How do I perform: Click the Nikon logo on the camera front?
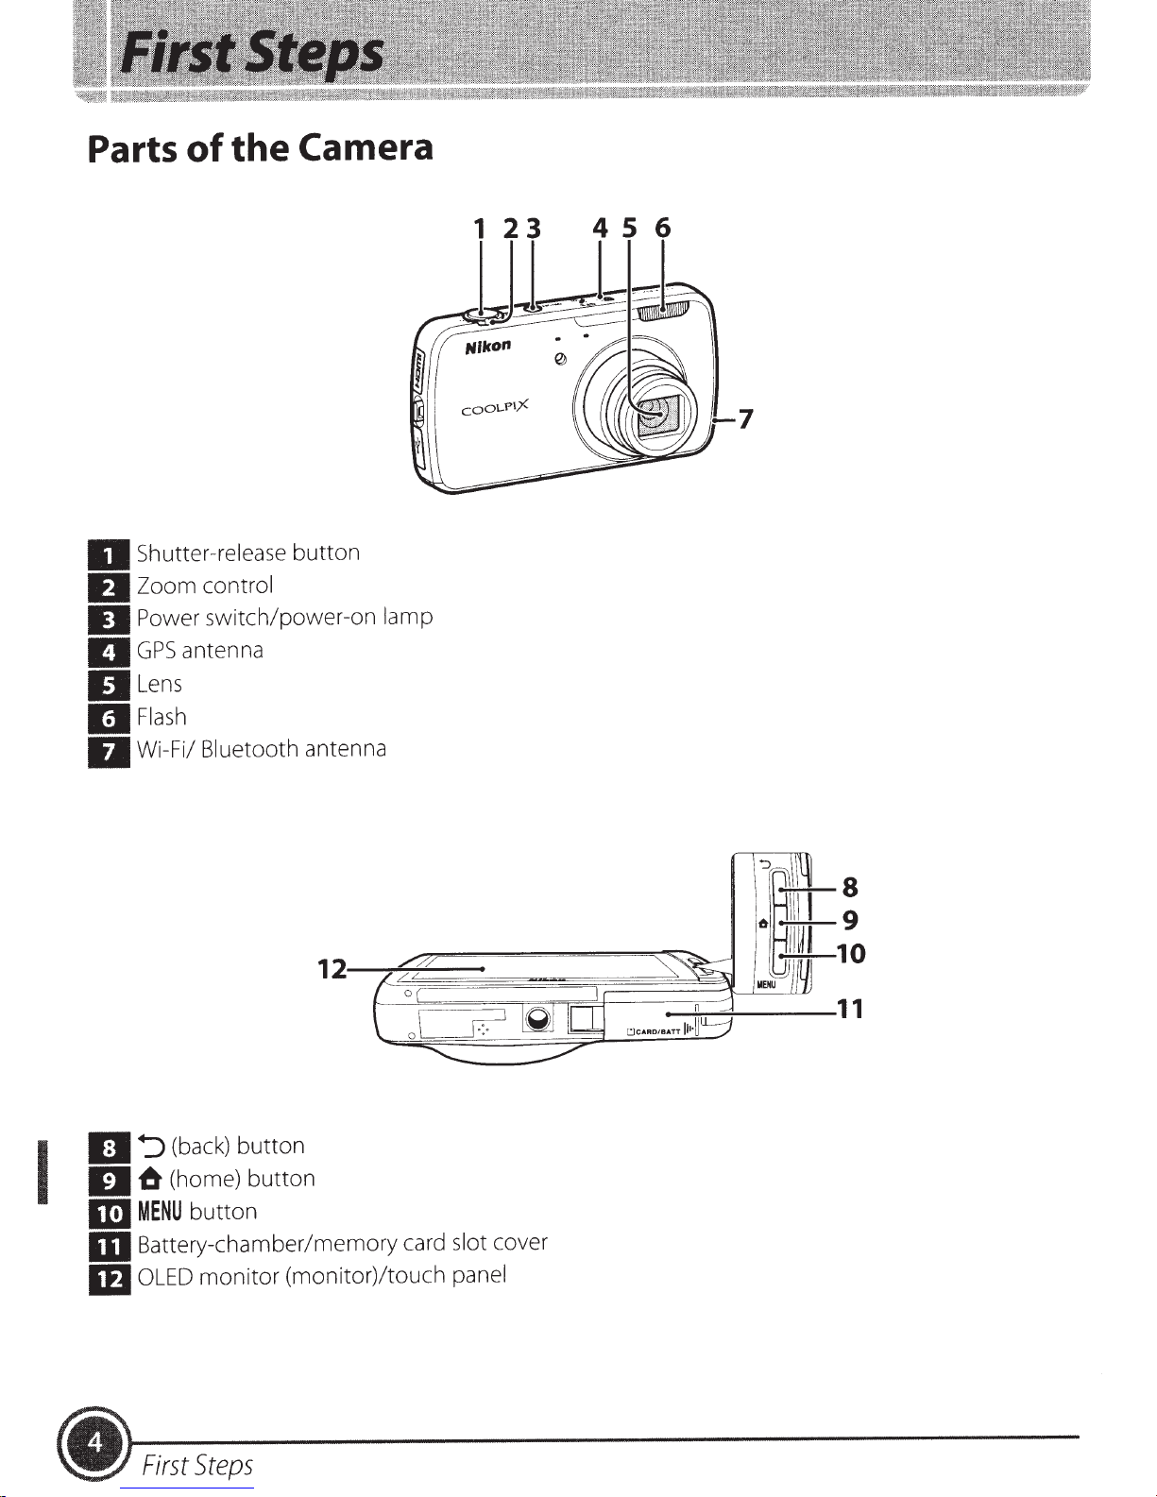click(488, 346)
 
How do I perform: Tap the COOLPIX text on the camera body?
click(495, 408)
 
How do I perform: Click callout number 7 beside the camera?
click(745, 418)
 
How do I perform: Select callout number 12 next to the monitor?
click(332, 969)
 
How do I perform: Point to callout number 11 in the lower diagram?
click(850, 1010)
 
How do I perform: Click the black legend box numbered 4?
click(109, 652)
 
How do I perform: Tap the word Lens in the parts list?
click(159, 684)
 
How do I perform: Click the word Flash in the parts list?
click(162, 717)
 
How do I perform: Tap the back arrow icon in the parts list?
click(151, 1147)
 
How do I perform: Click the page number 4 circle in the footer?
click(95, 1443)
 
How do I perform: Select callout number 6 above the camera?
click(662, 228)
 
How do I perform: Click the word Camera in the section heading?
click(366, 147)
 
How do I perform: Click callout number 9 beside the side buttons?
click(851, 920)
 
